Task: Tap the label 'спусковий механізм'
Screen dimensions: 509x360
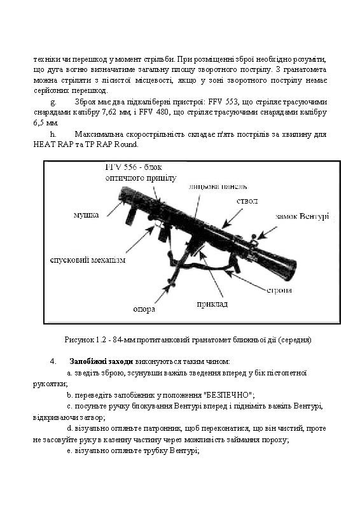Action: [x=87, y=260]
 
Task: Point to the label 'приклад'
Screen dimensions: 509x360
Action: [x=213, y=303]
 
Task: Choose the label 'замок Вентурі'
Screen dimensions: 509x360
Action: [x=302, y=216]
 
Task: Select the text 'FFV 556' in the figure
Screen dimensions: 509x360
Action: [x=121, y=167]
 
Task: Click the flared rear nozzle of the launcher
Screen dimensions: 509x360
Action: [x=289, y=268]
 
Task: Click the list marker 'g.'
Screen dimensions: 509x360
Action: [x=53, y=102]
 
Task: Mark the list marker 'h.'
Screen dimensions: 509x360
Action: [x=53, y=134]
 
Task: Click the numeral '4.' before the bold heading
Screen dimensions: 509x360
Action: [x=53, y=361]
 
